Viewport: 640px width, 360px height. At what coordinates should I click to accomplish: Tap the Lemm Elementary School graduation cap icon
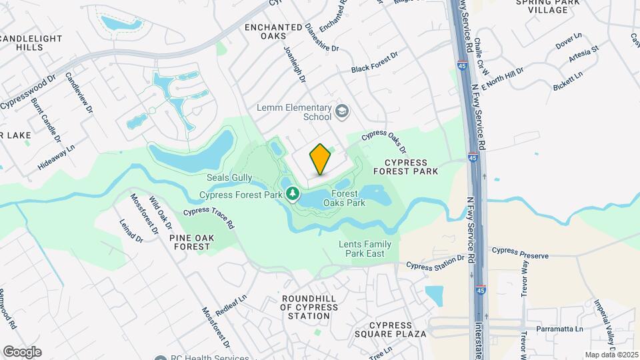point(343,110)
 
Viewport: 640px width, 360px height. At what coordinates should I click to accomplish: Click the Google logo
point(22,351)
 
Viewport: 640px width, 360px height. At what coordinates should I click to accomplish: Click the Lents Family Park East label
point(365,249)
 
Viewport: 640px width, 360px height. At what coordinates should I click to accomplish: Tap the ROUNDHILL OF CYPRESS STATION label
point(309,307)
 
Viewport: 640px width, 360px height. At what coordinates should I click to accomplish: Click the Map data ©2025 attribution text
point(611,355)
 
